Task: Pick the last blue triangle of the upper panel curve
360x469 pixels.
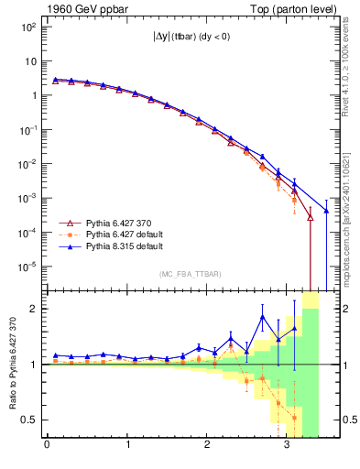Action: (326, 211)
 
